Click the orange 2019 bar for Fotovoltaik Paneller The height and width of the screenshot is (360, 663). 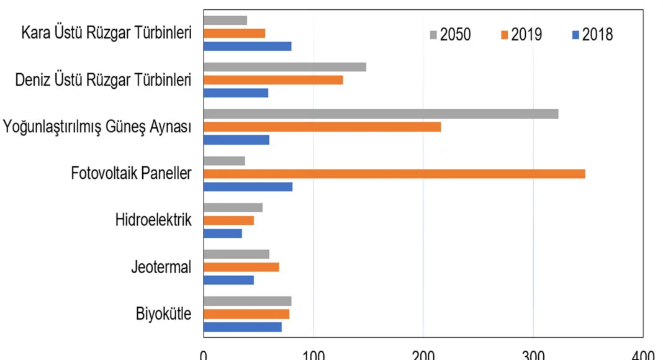pyautogui.click(x=394, y=174)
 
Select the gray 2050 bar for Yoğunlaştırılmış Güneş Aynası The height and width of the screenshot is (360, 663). pyautogui.click(x=381, y=114)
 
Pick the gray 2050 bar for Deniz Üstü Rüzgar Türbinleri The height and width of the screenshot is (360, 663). pyautogui.click(x=284, y=67)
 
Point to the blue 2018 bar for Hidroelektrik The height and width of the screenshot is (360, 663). pyautogui.click(x=222, y=233)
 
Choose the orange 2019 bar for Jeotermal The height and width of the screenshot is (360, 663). pyautogui.click(x=241, y=267)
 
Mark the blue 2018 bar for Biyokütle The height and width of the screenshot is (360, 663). pyautogui.click(x=242, y=327)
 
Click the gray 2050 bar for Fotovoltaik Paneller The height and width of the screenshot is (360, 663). pyautogui.click(x=224, y=161)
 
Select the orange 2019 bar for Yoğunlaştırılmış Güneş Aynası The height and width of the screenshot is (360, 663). pyautogui.click(x=322, y=127)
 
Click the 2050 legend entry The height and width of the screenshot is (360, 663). pyautogui.click(x=450, y=35)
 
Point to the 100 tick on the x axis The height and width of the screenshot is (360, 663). pyautogui.click(x=313, y=355)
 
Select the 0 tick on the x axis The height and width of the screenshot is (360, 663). pyautogui.click(x=204, y=355)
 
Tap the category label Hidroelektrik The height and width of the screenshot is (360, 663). pyautogui.click(x=153, y=220)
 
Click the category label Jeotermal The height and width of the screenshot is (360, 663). pyautogui.click(x=161, y=267)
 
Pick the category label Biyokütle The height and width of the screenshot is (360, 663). pyautogui.click(x=163, y=313)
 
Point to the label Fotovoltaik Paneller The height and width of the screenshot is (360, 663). pyautogui.click(x=131, y=173)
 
